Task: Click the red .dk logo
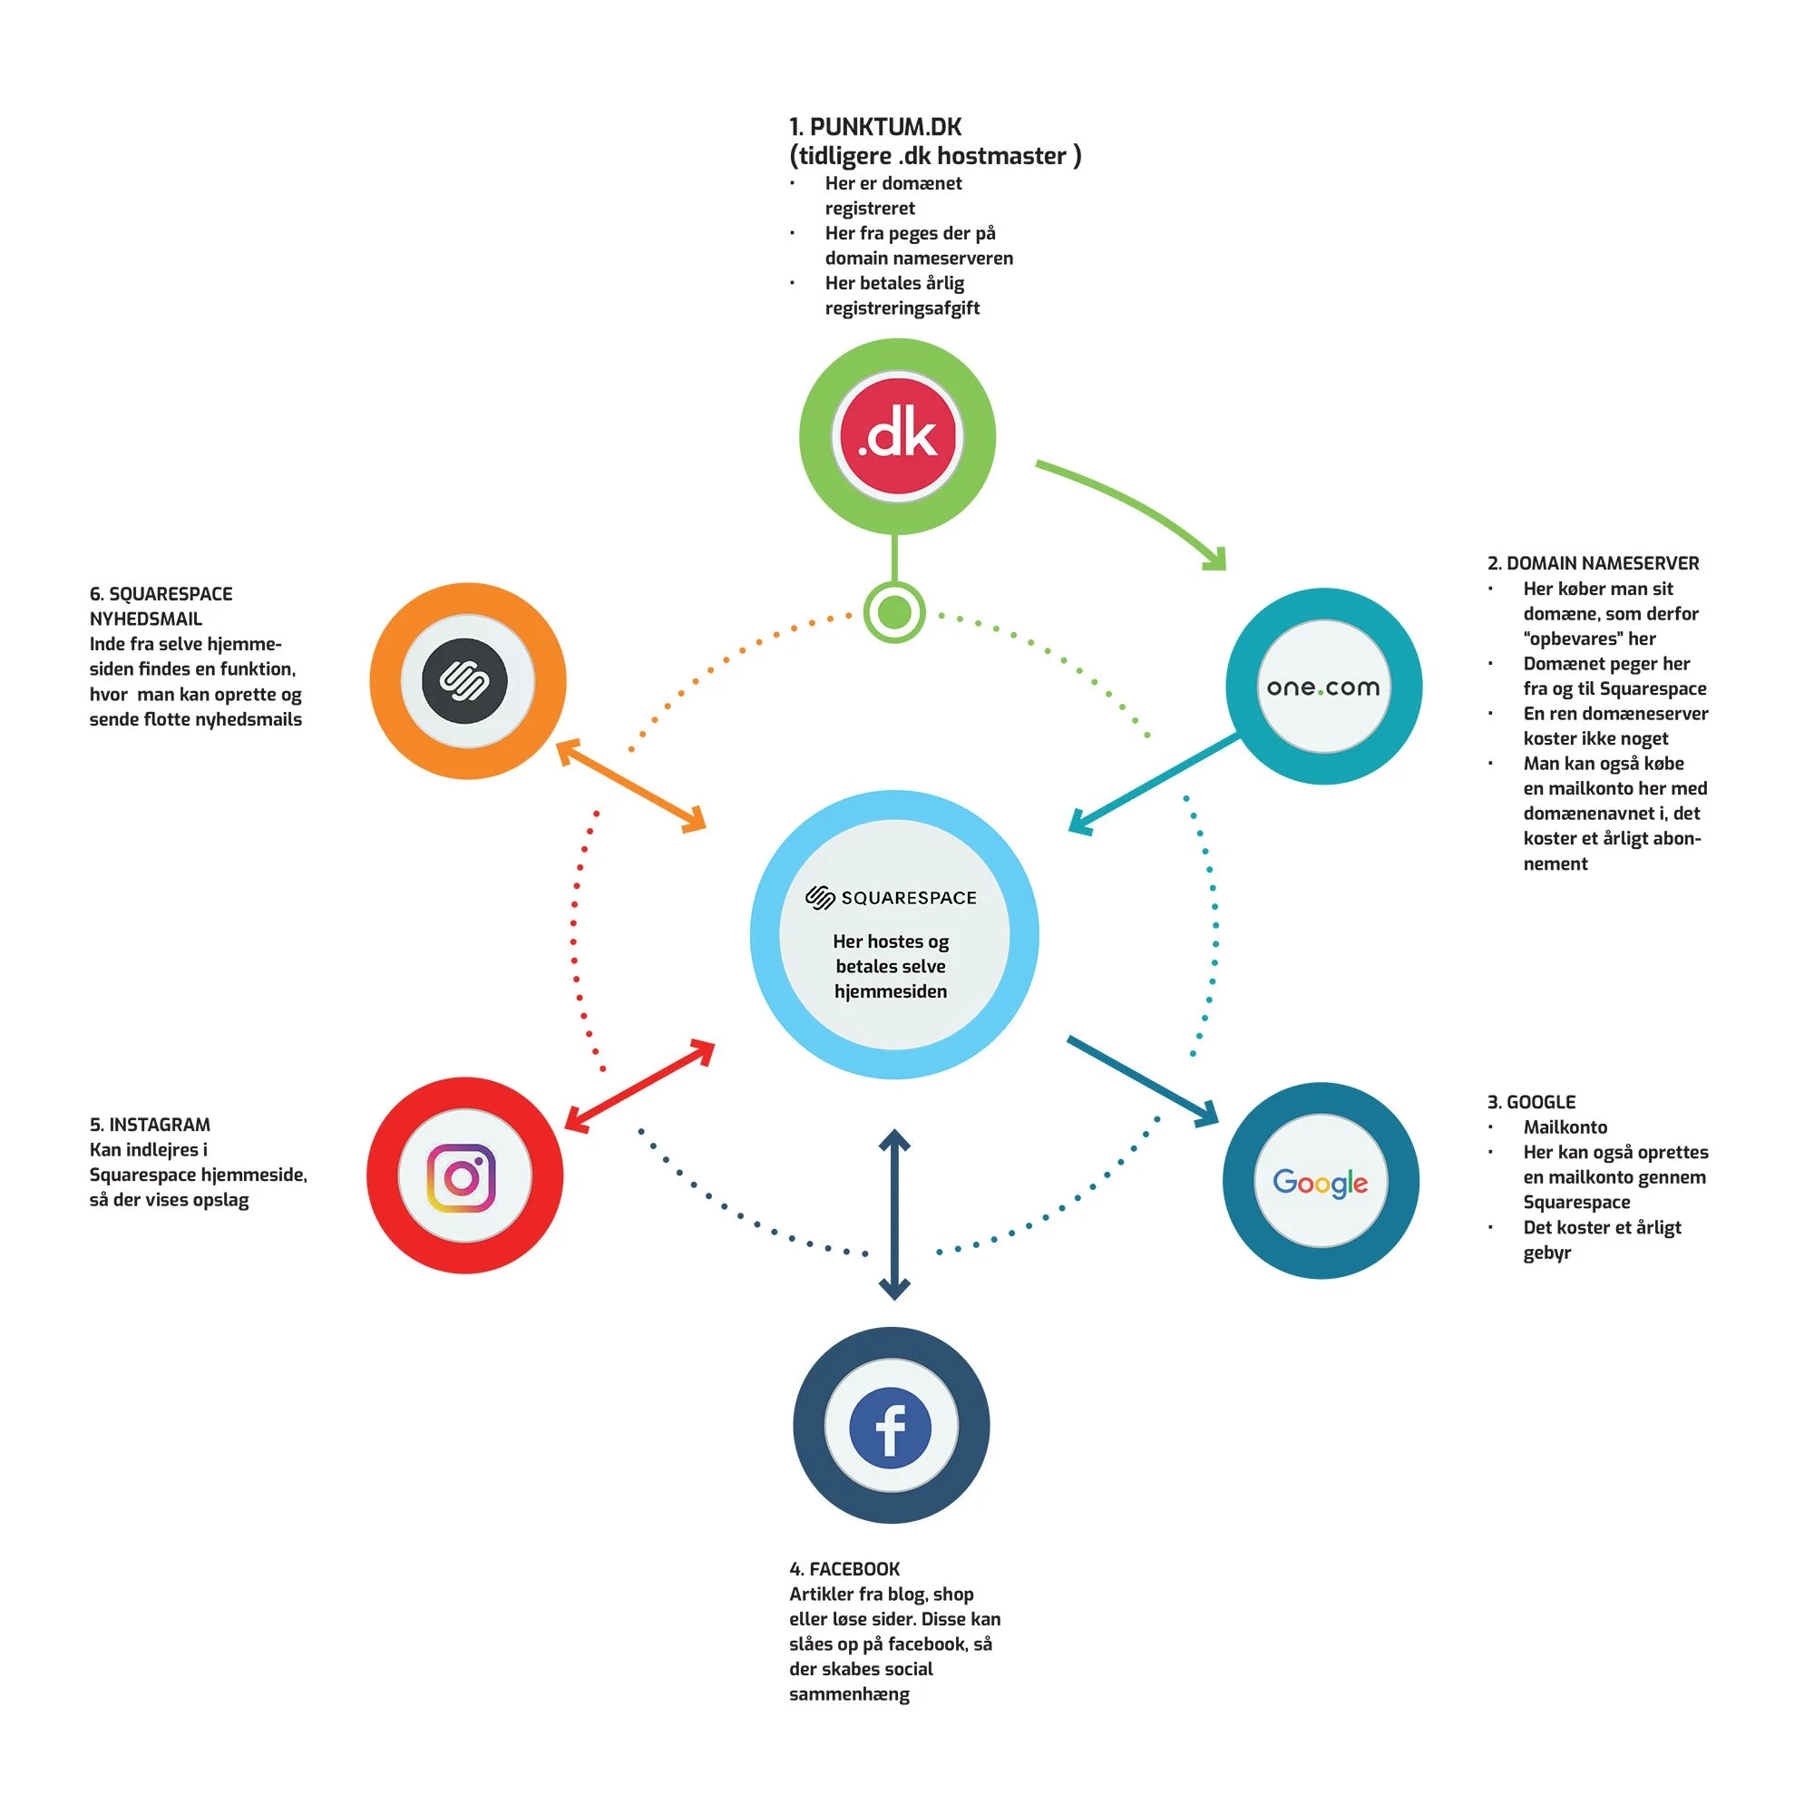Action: pos(898,434)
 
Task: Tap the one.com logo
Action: pos(1323,688)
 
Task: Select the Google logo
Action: pos(1320,1182)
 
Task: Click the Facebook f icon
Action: pos(890,1426)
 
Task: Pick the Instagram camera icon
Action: pos(461,1176)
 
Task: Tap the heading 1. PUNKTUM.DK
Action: pos(875,127)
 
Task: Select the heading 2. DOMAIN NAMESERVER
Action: pos(1593,563)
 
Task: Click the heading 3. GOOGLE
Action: pos(1530,1102)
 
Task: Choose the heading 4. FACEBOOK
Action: pos(844,1569)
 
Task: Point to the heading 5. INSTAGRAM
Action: pos(151,1125)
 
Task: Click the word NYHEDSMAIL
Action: pos(145,619)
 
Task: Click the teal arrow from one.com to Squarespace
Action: pos(1155,784)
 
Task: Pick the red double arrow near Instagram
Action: pos(639,1086)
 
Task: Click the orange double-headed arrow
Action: pos(631,785)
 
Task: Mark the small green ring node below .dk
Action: pos(894,612)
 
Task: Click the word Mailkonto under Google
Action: pos(1565,1126)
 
